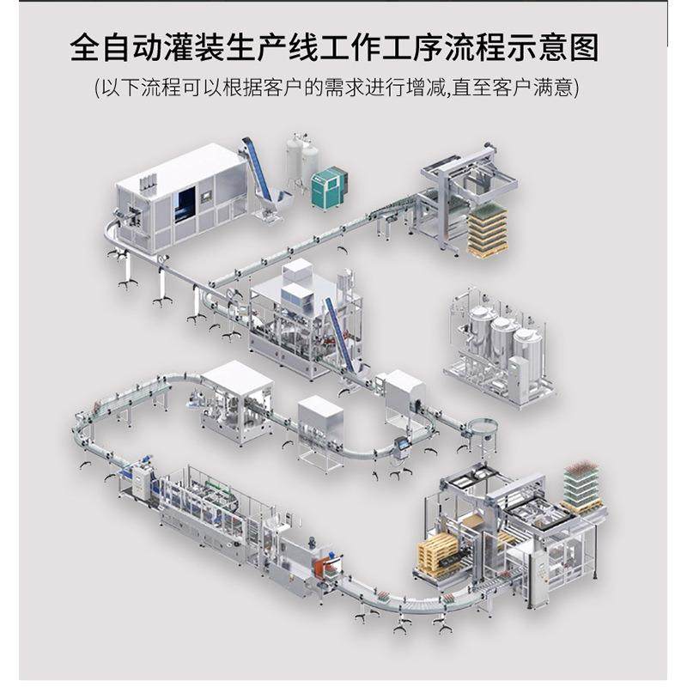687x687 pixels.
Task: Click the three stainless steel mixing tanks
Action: pos(503,343)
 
